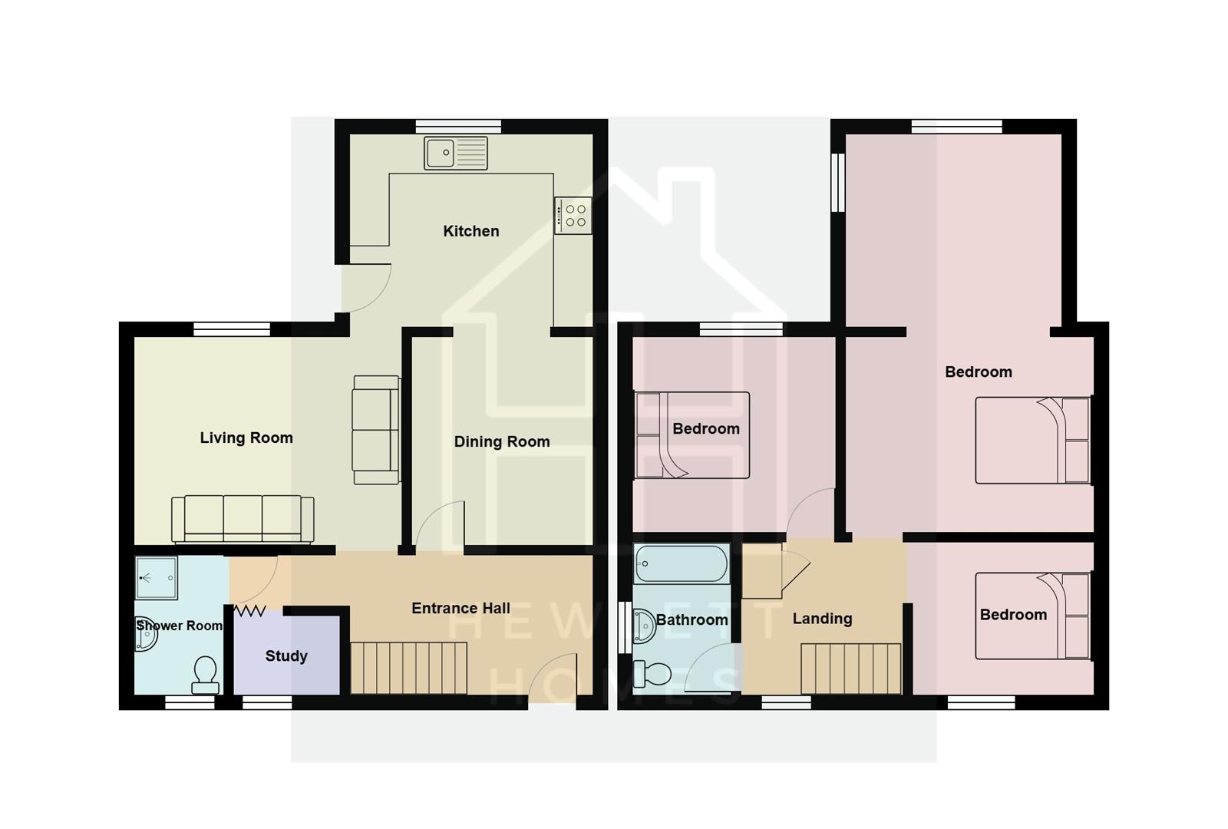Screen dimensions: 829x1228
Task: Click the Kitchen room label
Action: [x=470, y=231]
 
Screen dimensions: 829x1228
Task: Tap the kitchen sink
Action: [x=456, y=153]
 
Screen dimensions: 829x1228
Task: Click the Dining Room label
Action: [x=502, y=441]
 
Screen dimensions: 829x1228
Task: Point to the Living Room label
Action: [x=246, y=438]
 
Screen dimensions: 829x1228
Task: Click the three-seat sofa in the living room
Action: [x=243, y=519]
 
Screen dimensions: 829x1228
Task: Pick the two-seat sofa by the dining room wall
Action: [x=376, y=430]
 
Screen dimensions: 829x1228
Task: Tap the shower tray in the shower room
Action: [x=156, y=577]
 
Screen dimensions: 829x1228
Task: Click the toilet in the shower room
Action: [x=205, y=675]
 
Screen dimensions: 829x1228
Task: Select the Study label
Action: [x=286, y=656]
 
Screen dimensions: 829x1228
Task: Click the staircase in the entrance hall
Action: [x=409, y=668]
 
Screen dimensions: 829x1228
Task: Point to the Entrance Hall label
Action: [x=460, y=608]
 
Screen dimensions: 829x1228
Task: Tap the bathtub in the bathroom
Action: [x=682, y=564]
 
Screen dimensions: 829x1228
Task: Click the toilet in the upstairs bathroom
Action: [x=652, y=675]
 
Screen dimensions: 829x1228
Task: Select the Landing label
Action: [x=822, y=618]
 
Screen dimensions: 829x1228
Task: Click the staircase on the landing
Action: [x=850, y=668]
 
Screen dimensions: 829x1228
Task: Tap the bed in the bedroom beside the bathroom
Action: [x=692, y=435]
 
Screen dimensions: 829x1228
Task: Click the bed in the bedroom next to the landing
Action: [x=1032, y=616]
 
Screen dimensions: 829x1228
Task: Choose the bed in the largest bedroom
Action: [x=1032, y=440]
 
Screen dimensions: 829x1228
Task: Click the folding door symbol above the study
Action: [x=249, y=611]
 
